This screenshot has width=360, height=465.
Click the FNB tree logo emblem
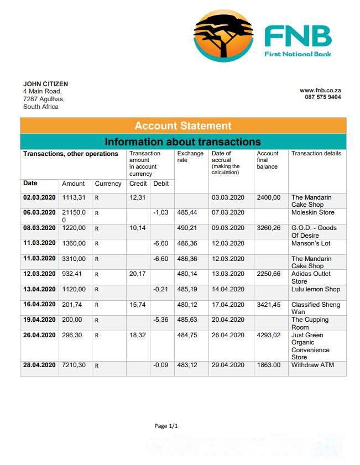coord(223,36)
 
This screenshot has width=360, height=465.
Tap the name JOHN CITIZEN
coord(45,84)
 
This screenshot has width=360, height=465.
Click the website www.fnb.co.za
coord(320,90)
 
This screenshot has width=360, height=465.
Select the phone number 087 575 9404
coord(322,97)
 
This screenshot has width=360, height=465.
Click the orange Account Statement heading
coord(183,126)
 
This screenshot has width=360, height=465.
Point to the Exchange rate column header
coord(190,157)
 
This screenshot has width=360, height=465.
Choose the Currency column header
coord(108,184)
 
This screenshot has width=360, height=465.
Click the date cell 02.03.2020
coord(39,197)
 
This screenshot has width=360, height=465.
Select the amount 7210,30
coord(74,365)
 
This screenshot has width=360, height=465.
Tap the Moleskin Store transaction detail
coord(312,212)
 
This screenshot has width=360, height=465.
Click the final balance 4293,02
coord(269,335)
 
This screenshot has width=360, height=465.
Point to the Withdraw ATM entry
coord(312,365)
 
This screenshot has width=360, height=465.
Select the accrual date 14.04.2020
coord(228,289)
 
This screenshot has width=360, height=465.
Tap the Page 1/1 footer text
coord(166,426)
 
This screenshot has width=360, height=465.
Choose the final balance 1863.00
coord(269,365)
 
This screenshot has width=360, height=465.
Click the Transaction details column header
coord(316,154)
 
